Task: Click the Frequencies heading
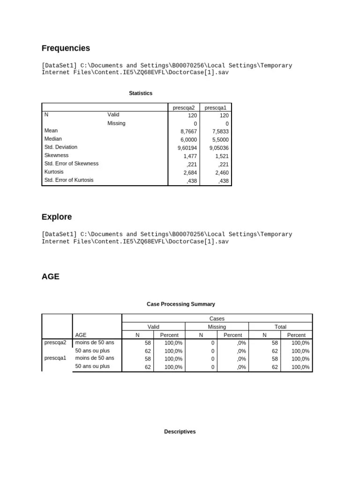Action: (66, 48)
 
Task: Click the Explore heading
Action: (57, 217)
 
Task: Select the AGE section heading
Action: (51, 277)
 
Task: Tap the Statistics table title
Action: (141, 93)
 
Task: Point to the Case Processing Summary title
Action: (181, 304)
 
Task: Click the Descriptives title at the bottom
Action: (180, 432)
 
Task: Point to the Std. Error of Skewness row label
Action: (71, 164)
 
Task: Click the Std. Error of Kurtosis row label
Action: (69, 180)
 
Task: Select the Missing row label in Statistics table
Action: (116, 123)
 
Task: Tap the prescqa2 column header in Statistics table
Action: (184, 108)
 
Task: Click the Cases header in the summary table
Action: (217, 318)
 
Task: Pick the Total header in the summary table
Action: (280, 327)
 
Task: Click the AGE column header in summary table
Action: (81, 335)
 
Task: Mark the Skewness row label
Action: (56, 155)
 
